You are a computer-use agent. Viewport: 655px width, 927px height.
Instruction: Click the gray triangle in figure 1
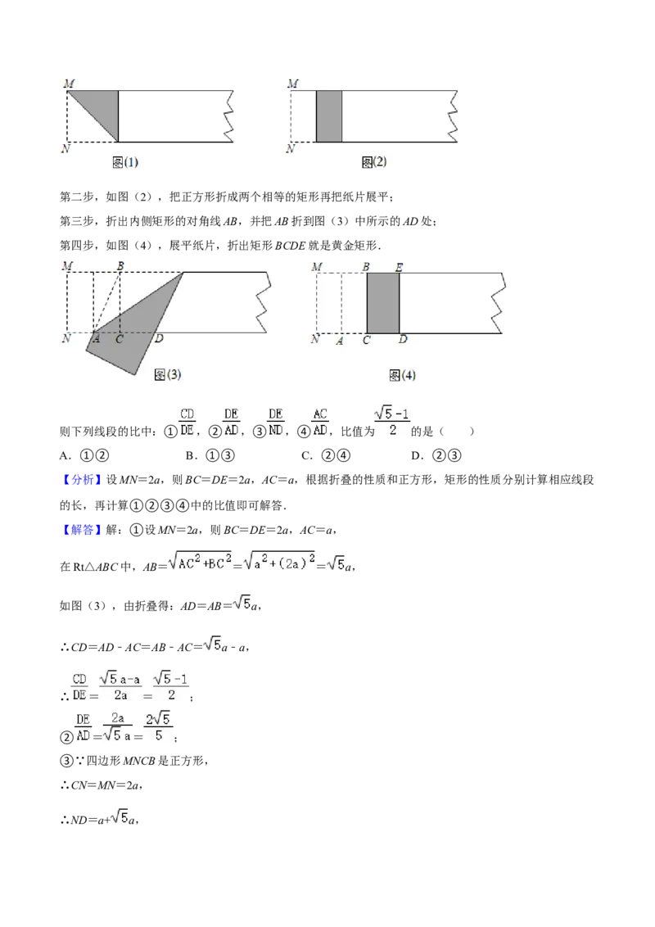point(101,107)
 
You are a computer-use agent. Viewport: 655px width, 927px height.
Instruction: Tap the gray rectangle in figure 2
point(329,116)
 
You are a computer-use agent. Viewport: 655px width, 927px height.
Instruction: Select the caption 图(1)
point(125,162)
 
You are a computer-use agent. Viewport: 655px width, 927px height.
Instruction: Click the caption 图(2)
point(374,161)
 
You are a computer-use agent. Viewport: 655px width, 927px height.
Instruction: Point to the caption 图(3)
point(167,374)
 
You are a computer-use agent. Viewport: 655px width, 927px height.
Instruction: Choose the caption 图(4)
point(403,375)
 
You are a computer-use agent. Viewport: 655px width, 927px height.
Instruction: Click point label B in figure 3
point(120,266)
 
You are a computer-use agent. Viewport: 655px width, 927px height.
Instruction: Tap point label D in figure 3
point(159,339)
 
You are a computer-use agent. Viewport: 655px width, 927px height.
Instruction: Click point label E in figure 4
point(399,267)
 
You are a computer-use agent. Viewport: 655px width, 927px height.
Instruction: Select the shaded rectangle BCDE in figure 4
point(383,303)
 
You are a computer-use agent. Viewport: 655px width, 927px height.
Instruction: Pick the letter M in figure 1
point(69,84)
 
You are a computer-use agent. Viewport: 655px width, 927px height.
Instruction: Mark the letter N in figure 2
point(291,148)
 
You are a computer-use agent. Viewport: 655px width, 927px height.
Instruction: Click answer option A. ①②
point(84,455)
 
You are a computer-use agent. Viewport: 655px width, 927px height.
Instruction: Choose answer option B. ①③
point(210,455)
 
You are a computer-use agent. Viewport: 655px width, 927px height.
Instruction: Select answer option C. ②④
point(326,455)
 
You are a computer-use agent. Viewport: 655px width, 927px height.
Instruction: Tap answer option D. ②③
point(436,455)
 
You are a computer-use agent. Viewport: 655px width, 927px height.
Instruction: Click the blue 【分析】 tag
point(81,479)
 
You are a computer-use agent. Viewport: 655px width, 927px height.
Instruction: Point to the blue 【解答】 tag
point(81,530)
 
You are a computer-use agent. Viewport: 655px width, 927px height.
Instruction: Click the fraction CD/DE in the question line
point(187,422)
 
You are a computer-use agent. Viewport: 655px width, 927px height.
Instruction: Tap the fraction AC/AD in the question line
point(320,422)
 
